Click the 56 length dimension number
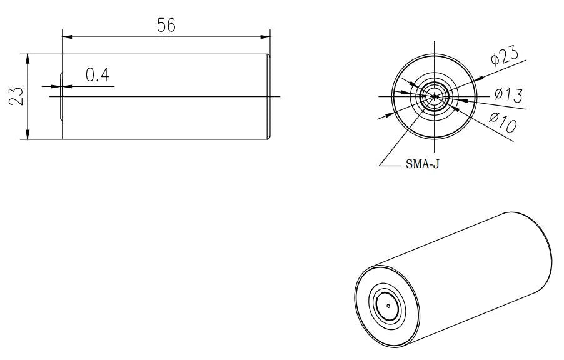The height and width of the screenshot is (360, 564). click(x=166, y=25)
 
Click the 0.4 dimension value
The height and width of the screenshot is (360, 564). click(x=98, y=75)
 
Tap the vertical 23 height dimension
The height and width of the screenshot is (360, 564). click(x=16, y=96)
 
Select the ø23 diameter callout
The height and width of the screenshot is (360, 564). click(x=505, y=55)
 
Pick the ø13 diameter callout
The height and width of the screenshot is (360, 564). click(x=508, y=95)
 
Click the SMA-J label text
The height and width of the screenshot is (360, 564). click(x=422, y=164)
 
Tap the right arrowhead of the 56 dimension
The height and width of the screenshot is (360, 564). click(x=265, y=37)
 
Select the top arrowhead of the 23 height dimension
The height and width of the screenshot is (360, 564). click(x=28, y=59)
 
